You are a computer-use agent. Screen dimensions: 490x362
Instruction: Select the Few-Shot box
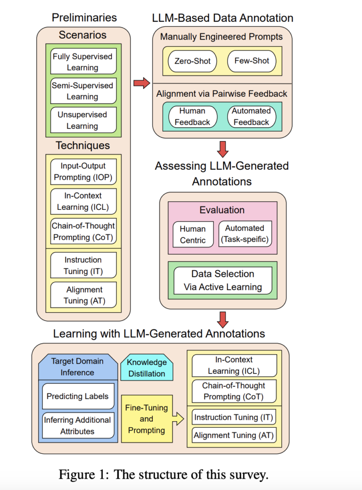[251, 61]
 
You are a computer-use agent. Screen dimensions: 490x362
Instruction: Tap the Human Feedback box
[192, 116]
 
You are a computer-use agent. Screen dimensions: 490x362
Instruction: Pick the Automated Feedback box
[251, 116]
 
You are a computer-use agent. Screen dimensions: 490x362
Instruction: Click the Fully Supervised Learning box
[82, 62]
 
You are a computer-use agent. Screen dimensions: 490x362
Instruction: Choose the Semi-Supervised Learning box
[82, 91]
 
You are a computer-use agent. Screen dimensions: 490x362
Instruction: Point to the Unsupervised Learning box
[82, 120]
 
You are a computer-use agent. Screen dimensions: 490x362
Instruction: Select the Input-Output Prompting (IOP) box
[83, 172]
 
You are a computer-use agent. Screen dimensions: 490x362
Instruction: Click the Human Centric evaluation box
[193, 234]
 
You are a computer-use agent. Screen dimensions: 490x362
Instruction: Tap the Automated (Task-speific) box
[245, 234]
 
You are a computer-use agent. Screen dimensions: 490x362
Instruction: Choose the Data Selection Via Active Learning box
[222, 280]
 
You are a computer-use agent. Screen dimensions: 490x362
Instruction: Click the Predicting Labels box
[77, 397]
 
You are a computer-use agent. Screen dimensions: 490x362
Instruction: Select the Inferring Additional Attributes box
[77, 425]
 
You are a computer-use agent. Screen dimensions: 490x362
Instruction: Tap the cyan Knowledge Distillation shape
[146, 368]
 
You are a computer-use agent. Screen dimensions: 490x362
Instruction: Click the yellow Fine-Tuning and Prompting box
[146, 418]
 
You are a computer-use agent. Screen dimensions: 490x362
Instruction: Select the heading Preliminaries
[84, 18]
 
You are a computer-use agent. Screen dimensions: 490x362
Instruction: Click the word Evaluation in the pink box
[222, 210]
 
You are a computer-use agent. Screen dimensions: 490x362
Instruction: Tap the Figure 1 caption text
[164, 474]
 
